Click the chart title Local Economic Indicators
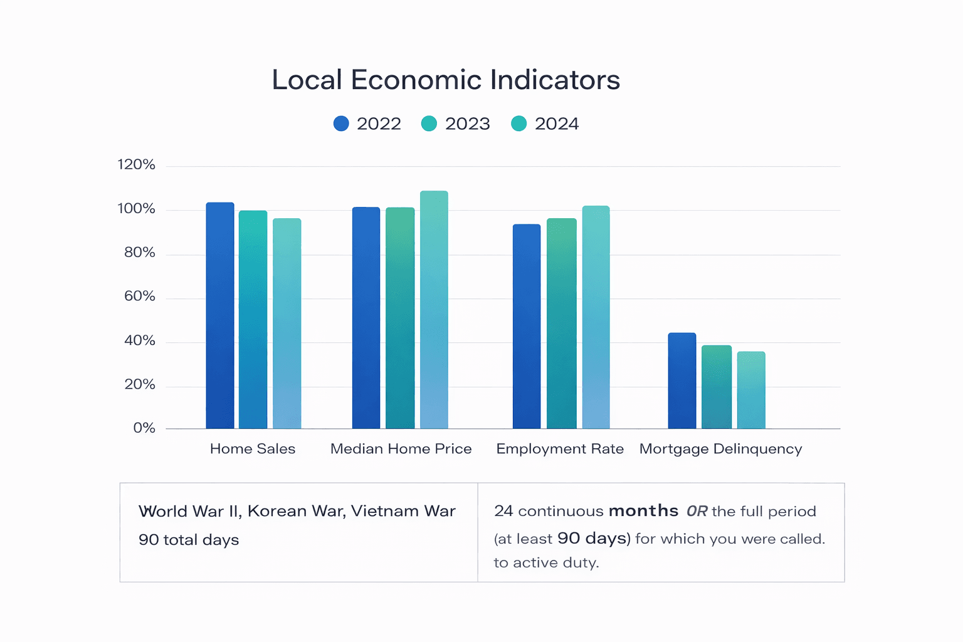tap(446, 80)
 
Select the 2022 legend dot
tap(341, 124)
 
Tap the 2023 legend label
tap(467, 124)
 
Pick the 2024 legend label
tap(556, 124)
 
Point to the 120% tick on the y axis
tap(136, 165)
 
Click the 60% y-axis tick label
tap(139, 297)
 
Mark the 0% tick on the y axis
tap(144, 428)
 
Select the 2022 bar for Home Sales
tap(220, 316)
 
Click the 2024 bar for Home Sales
tap(287, 324)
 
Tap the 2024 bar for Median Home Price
tap(434, 310)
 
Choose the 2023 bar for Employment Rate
tap(561, 324)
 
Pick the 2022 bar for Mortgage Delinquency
tap(682, 381)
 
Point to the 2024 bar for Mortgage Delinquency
tap(751, 390)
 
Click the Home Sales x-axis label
tap(253, 449)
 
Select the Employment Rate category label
tap(560, 449)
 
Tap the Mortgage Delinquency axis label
tap(720, 449)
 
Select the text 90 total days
tap(189, 540)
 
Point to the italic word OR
tap(697, 512)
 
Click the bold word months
tap(643, 511)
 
